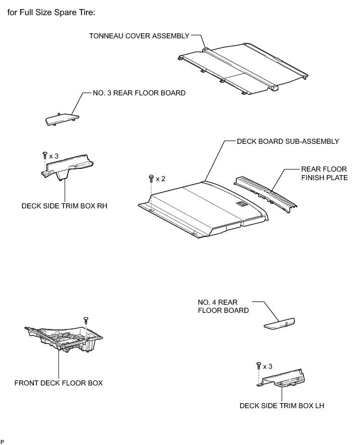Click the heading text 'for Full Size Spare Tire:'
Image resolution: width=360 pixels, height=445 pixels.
(52, 12)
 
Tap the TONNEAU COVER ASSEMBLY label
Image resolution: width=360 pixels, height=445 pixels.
(139, 36)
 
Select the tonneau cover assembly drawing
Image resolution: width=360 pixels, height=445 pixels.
(242, 68)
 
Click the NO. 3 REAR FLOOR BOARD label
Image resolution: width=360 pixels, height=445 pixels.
(139, 93)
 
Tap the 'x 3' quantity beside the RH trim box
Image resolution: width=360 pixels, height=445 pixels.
(54, 156)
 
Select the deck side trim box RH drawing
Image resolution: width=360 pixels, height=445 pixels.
(69, 166)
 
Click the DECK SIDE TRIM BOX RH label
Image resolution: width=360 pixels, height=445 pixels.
(65, 206)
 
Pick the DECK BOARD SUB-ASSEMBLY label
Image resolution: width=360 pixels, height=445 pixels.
(288, 141)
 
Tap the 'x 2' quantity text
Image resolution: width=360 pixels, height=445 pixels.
(161, 179)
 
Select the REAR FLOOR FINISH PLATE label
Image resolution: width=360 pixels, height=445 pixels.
(324, 173)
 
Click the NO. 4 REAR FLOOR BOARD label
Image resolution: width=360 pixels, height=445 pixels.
(223, 306)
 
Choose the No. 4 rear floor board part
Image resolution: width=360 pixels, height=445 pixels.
(280, 323)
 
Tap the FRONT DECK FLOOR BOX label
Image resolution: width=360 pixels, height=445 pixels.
(59, 383)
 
